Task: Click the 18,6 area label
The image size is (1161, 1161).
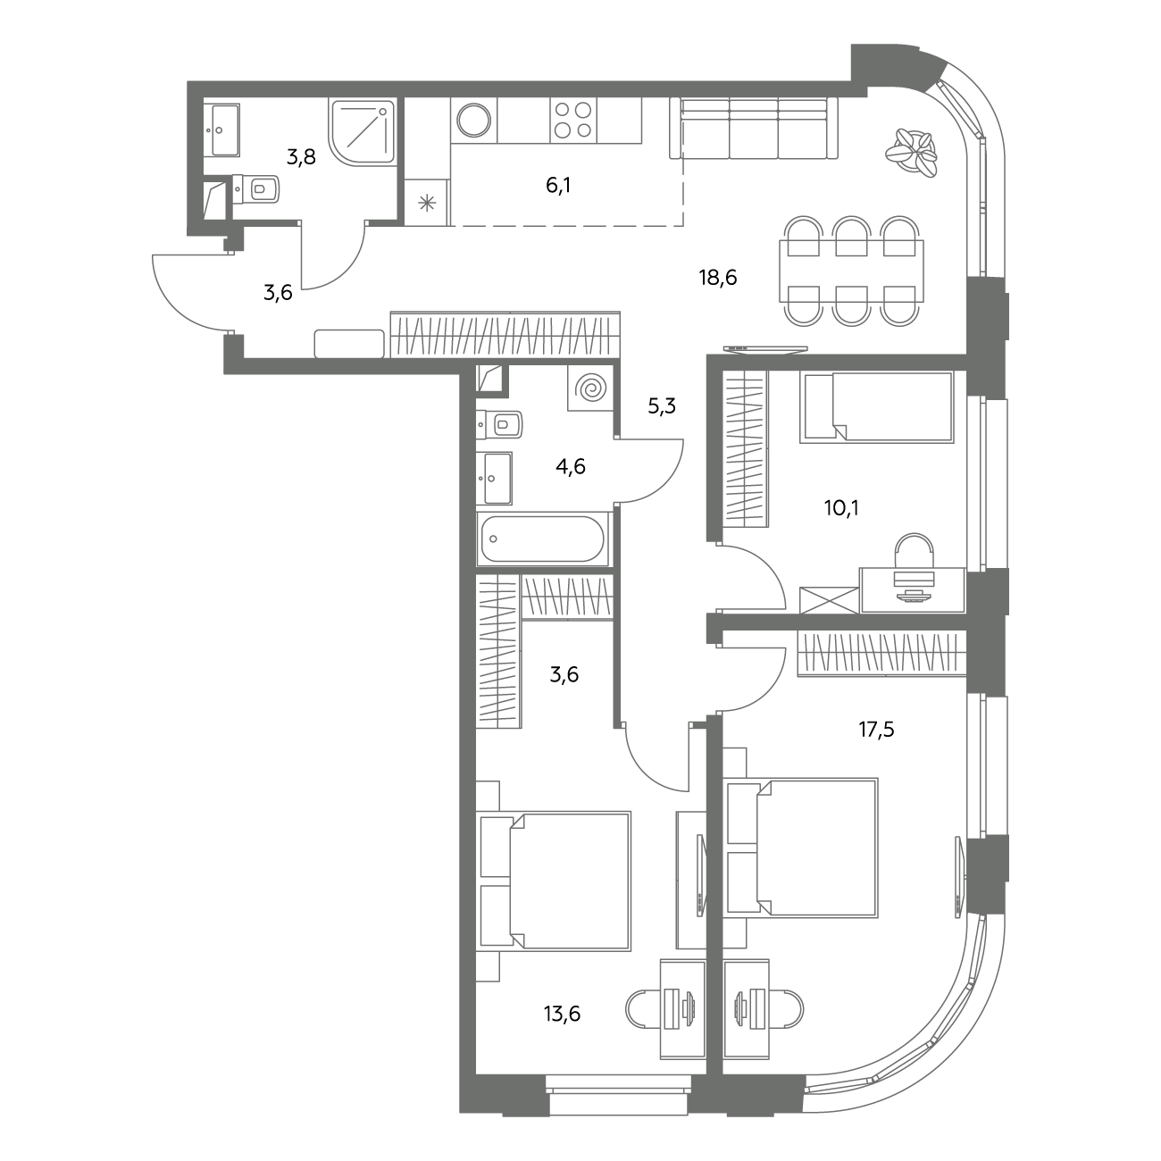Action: click(717, 278)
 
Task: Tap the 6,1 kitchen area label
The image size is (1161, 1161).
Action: click(558, 186)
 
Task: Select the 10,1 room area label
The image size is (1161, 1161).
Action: click(841, 508)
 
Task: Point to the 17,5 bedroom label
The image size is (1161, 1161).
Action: click(876, 730)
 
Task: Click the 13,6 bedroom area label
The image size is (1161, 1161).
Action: click(562, 1014)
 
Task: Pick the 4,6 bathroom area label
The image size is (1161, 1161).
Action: click(570, 466)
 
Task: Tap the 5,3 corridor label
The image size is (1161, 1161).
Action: click(662, 406)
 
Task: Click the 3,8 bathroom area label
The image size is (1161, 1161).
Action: click(301, 157)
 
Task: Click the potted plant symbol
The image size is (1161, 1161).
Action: click(912, 153)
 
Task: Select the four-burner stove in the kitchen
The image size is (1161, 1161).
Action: click(573, 121)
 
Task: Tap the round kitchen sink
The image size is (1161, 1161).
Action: click(473, 121)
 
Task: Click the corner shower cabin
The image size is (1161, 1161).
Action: click(362, 132)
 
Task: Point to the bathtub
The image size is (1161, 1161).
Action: click(543, 539)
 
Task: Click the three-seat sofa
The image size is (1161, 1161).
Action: click(754, 129)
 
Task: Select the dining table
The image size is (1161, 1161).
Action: click(851, 271)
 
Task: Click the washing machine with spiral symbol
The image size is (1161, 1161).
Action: click(590, 388)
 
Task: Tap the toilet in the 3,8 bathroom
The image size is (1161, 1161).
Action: click(255, 189)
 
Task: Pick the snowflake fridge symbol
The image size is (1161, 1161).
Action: click(427, 203)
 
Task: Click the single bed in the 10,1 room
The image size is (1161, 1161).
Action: click(877, 407)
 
